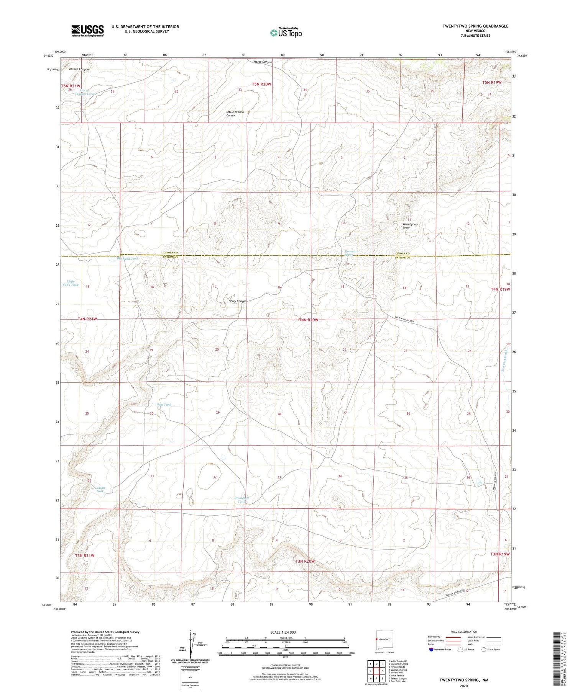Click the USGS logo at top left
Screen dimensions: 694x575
tap(87, 31)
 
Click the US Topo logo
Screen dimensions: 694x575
tap(286, 33)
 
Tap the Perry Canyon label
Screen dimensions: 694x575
tap(237, 301)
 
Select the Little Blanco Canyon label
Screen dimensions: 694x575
tap(235, 114)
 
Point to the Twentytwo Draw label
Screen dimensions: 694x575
tap(409, 226)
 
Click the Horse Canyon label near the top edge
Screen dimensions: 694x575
tap(263, 62)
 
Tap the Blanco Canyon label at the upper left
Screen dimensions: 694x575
tap(79, 69)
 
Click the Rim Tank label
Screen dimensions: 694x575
tap(164, 405)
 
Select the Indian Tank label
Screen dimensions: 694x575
tap(100, 490)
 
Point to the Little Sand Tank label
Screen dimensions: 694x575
tap(70, 283)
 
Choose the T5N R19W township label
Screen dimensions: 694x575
tap(491, 82)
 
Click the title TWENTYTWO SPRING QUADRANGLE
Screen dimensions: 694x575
tap(475, 26)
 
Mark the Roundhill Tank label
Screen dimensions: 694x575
tap(242, 500)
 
